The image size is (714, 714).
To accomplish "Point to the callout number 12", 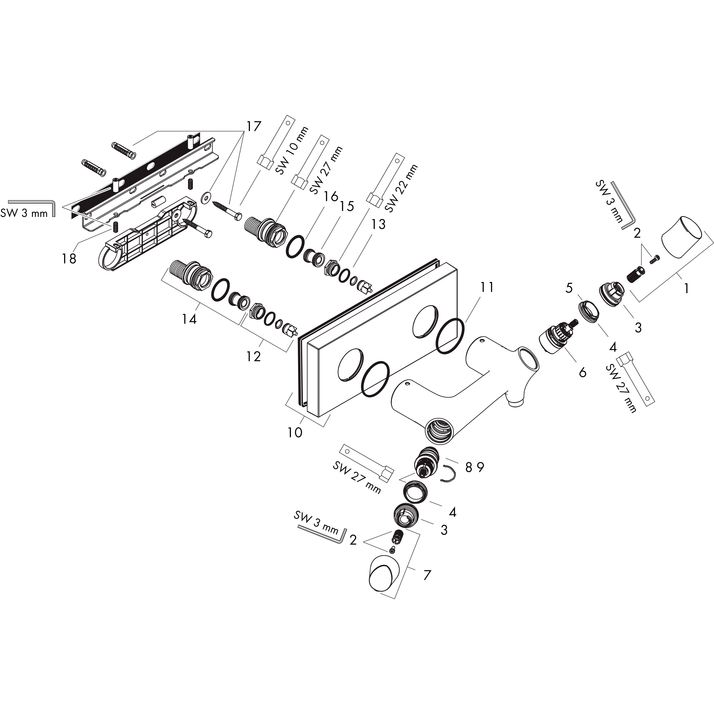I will pos(253,356).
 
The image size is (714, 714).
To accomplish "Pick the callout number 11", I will pos(487,287).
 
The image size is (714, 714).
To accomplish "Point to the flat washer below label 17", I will pos(206,198).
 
